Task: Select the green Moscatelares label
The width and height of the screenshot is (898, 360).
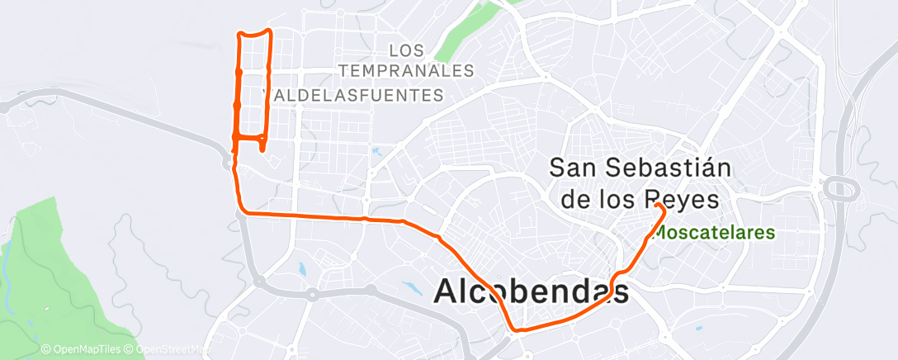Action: click(715, 232)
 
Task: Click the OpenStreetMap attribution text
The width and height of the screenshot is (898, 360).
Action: click(169, 350)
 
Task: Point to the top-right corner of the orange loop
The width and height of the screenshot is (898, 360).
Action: click(269, 31)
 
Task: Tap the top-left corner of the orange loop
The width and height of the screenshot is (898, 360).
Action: click(239, 34)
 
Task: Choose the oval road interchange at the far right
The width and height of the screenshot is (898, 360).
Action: click(840, 188)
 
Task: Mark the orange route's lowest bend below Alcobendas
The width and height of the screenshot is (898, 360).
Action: click(517, 330)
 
